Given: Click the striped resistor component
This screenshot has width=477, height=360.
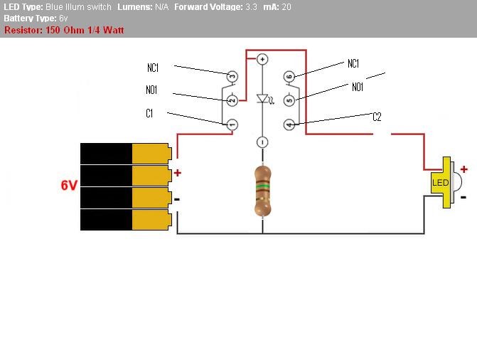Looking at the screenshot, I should pos(262,191).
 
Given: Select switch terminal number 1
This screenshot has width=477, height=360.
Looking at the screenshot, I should pos(231,125).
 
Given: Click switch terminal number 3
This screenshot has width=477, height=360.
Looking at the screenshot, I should pos(231,75).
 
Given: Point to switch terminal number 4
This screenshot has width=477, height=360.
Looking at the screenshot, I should pos(289,125).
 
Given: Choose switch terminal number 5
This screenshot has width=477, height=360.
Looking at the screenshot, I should pos(289,100).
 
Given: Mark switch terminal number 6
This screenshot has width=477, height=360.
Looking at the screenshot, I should pos(289,75).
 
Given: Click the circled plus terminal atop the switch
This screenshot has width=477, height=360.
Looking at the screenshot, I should pos(262,59).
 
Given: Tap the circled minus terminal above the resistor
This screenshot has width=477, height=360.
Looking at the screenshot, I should pos(262,142).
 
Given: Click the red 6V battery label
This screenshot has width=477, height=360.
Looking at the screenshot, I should pos(68,186).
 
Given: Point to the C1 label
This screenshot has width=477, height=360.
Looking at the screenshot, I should pos(150,113).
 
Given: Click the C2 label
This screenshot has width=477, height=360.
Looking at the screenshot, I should pos(377,117).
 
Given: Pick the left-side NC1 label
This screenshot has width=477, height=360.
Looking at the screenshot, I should pos(152,68).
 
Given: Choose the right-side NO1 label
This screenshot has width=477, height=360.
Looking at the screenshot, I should pos(357,87).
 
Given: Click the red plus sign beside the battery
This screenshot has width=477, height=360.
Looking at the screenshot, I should pos(177,173).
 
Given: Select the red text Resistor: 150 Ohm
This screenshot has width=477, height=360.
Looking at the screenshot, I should pos(53,31).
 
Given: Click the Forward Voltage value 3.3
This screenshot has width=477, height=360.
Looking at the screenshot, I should pos(251,7).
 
